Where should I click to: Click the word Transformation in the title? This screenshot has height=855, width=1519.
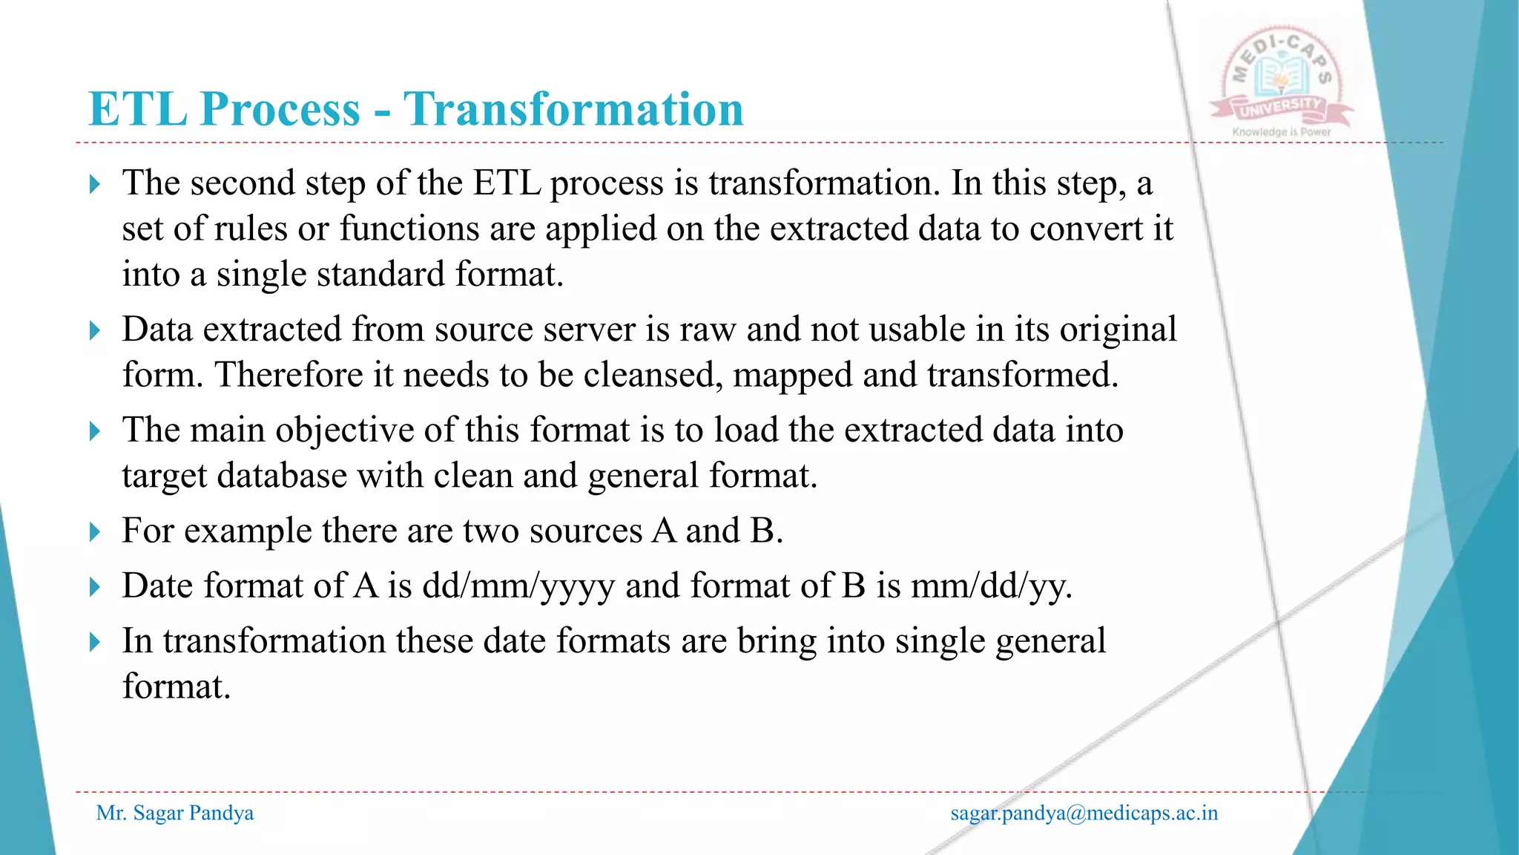[573, 109]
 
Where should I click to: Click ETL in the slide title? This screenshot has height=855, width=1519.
[137, 109]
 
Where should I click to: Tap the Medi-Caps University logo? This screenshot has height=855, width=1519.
[1282, 78]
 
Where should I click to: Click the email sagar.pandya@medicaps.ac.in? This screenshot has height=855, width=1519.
[1084, 813]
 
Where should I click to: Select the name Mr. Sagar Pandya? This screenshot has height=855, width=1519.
[175, 813]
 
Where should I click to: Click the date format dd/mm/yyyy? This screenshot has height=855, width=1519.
[518, 586]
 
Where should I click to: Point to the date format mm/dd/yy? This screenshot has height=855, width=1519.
[991, 586]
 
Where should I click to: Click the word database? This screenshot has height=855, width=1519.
[282, 476]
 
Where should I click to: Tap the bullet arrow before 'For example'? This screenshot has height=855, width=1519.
[94, 532]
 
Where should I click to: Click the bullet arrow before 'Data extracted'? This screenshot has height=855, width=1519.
[94, 330]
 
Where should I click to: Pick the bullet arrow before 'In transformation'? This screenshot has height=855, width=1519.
[94, 642]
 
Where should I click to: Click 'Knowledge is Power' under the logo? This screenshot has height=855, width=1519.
[1281, 132]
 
